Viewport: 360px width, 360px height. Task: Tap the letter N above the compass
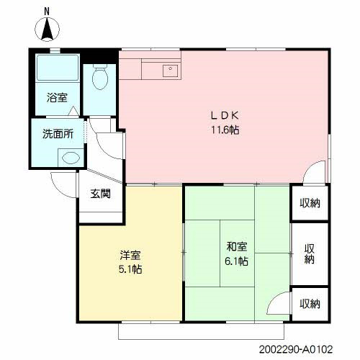tap(48, 11)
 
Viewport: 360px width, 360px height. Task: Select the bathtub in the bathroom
tap(56, 71)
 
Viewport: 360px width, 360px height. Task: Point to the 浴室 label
tap(58, 98)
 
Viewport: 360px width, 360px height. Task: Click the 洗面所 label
tap(57, 133)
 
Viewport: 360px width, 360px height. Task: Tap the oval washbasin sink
tap(70, 156)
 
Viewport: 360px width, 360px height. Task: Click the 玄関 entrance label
tap(101, 193)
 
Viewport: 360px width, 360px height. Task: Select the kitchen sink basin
tap(170, 71)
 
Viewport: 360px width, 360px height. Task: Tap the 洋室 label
tap(130, 255)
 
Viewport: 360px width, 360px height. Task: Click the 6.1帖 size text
tap(236, 261)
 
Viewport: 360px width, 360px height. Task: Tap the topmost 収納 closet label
tap(310, 203)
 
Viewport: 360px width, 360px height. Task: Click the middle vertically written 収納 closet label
tap(310, 255)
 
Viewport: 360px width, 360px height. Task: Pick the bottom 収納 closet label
tap(310, 303)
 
